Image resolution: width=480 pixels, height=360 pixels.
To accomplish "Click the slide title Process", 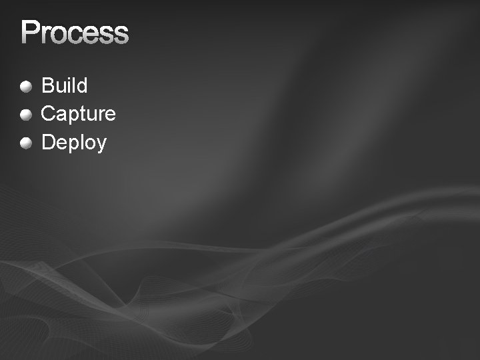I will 74,33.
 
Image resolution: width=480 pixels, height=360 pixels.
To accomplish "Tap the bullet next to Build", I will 26,86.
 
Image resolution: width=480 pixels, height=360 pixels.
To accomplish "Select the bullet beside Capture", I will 26,114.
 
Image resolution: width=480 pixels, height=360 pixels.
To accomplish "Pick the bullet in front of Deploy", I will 26,143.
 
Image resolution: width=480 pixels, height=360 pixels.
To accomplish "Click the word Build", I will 65,85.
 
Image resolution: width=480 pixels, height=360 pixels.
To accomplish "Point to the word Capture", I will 78,114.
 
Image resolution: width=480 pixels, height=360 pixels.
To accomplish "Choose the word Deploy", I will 74,143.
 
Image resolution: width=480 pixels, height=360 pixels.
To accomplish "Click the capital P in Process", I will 30,33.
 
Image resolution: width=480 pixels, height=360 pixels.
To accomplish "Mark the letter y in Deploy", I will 101,145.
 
